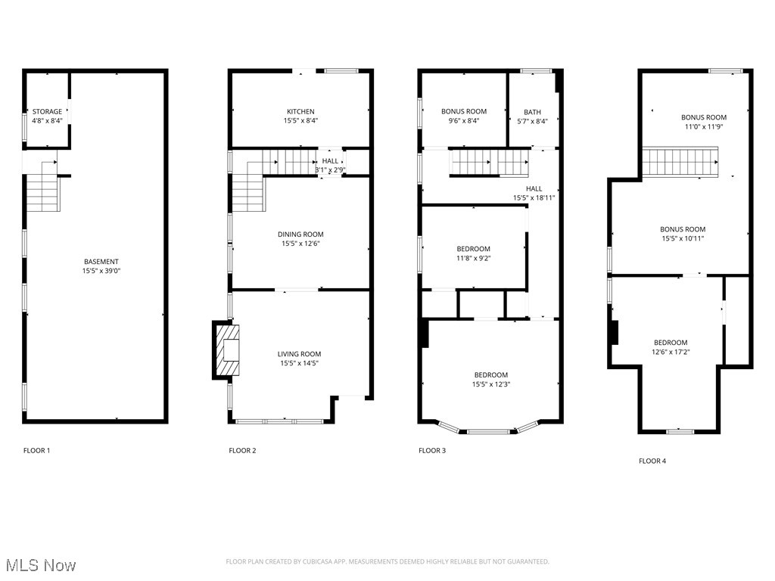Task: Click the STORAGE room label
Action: (x=47, y=112)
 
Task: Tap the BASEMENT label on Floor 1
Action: (x=101, y=262)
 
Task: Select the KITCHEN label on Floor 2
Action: (x=300, y=112)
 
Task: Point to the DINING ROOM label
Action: (x=300, y=235)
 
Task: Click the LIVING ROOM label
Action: (x=300, y=354)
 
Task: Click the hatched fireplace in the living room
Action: (x=227, y=350)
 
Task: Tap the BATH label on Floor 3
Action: (x=532, y=112)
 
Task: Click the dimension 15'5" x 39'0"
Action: (x=101, y=271)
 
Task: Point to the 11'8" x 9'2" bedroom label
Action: (x=473, y=258)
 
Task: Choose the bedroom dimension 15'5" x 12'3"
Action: (x=491, y=384)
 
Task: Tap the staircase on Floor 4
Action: (x=680, y=161)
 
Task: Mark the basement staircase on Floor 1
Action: (x=43, y=192)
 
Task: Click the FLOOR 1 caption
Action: (x=36, y=451)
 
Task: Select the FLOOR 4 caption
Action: (x=652, y=461)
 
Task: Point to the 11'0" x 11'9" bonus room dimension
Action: (x=703, y=127)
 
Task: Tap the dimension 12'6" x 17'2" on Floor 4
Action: (x=671, y=352)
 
